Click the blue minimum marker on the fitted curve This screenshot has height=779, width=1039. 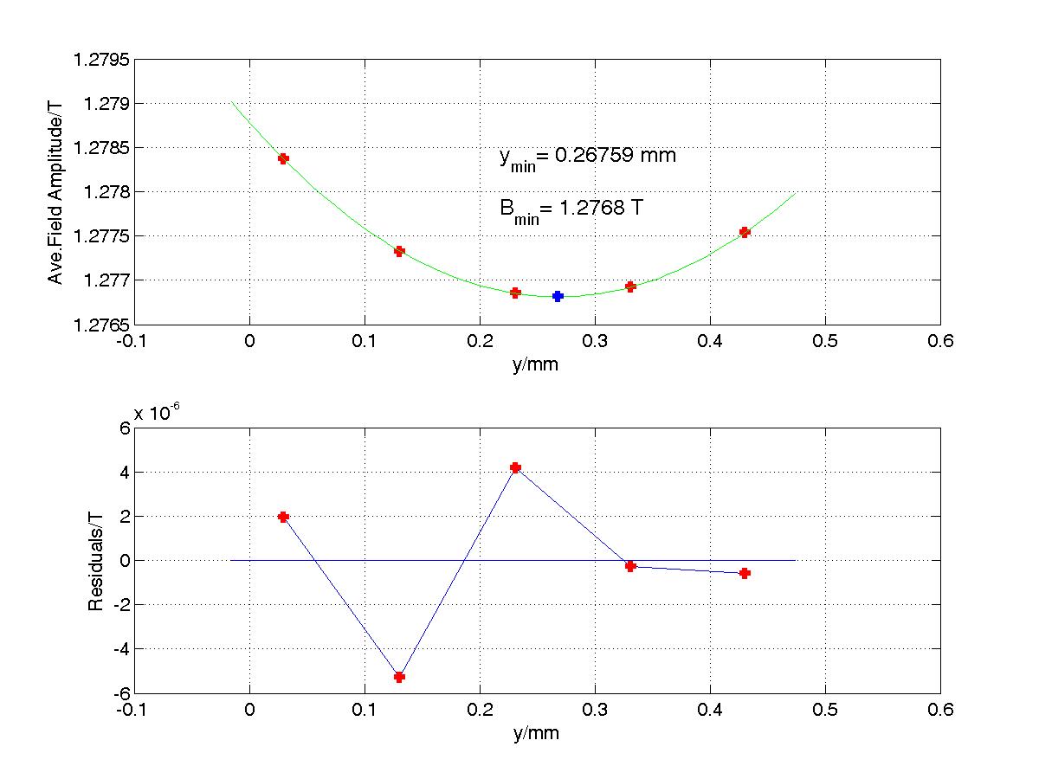[558, 296]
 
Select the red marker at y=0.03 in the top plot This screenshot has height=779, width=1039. [283, 158]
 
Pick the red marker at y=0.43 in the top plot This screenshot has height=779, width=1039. [745, 232]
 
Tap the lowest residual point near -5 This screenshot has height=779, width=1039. [399, 677]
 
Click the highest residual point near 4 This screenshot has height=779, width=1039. [515, 467]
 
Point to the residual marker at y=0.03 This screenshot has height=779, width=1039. [283, 517]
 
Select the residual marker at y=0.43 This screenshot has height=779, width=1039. [745, 573]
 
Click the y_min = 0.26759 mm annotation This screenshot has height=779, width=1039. [587, 157]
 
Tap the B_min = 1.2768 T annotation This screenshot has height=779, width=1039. [571, 209]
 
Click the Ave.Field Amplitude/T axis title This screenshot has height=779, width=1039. [55, 191]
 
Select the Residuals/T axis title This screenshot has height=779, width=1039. [96, 560]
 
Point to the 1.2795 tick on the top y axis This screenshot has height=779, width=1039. [105, 60]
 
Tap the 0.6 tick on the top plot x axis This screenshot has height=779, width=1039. [940, 341]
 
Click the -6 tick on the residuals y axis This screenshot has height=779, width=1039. [119, 693]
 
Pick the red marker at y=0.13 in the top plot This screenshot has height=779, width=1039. [399, 252]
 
